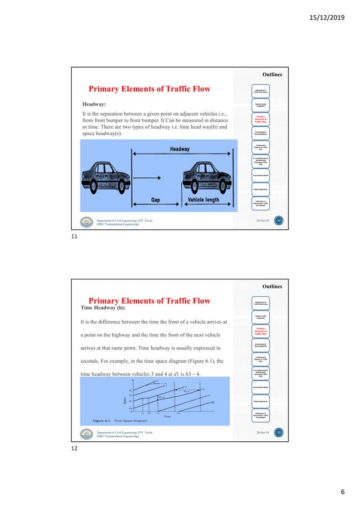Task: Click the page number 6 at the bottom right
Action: click(342, 493)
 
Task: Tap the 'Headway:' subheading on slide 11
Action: click(95, 104)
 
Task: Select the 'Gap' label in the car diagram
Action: click(155, 200)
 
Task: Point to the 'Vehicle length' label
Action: click(208, 200)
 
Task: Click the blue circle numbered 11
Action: click(278, 222)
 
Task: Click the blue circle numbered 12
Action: click(278, 433)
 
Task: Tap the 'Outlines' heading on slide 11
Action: click(271, 74)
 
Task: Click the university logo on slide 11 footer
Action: click(86, 222)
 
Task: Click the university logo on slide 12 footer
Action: click(86, 433)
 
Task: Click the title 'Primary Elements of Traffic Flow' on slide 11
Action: click(150, 89)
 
